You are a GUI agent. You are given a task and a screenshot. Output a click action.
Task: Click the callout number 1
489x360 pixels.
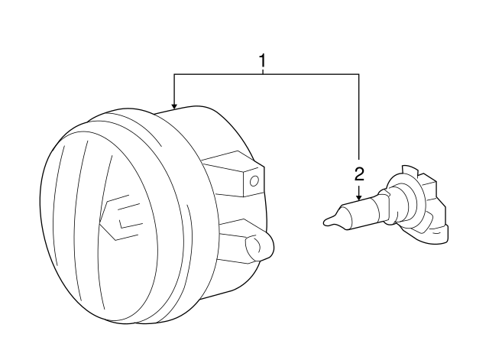click(x=263, y=60)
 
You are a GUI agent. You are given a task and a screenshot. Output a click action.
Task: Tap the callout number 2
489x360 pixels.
click(x=359, y=174)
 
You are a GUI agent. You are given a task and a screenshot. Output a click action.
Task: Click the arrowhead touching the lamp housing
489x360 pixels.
click(x=174, y=105)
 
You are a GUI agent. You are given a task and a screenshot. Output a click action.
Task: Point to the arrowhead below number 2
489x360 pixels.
click(x=359, y=197)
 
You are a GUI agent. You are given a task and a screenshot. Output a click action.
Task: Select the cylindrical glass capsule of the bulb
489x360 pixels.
click(x=358, y=215)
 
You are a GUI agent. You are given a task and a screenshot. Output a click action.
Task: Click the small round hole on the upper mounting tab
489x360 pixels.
click(x=254, y=181)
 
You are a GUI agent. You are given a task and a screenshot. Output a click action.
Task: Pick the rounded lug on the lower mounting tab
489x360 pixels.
click(x=259, y=246)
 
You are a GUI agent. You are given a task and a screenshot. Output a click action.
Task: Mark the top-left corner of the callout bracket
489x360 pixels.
click(x=174, y=74)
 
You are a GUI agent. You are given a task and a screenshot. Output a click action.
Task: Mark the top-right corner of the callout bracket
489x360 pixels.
click(x=359, y=74)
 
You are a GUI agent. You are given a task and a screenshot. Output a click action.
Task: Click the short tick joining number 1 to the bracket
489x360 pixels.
click(x=263, y=71)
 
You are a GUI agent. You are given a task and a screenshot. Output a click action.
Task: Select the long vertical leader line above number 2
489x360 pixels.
click(x=359, y=121)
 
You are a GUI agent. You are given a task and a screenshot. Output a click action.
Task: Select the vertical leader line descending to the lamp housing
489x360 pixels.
click(x=174, y=89)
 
